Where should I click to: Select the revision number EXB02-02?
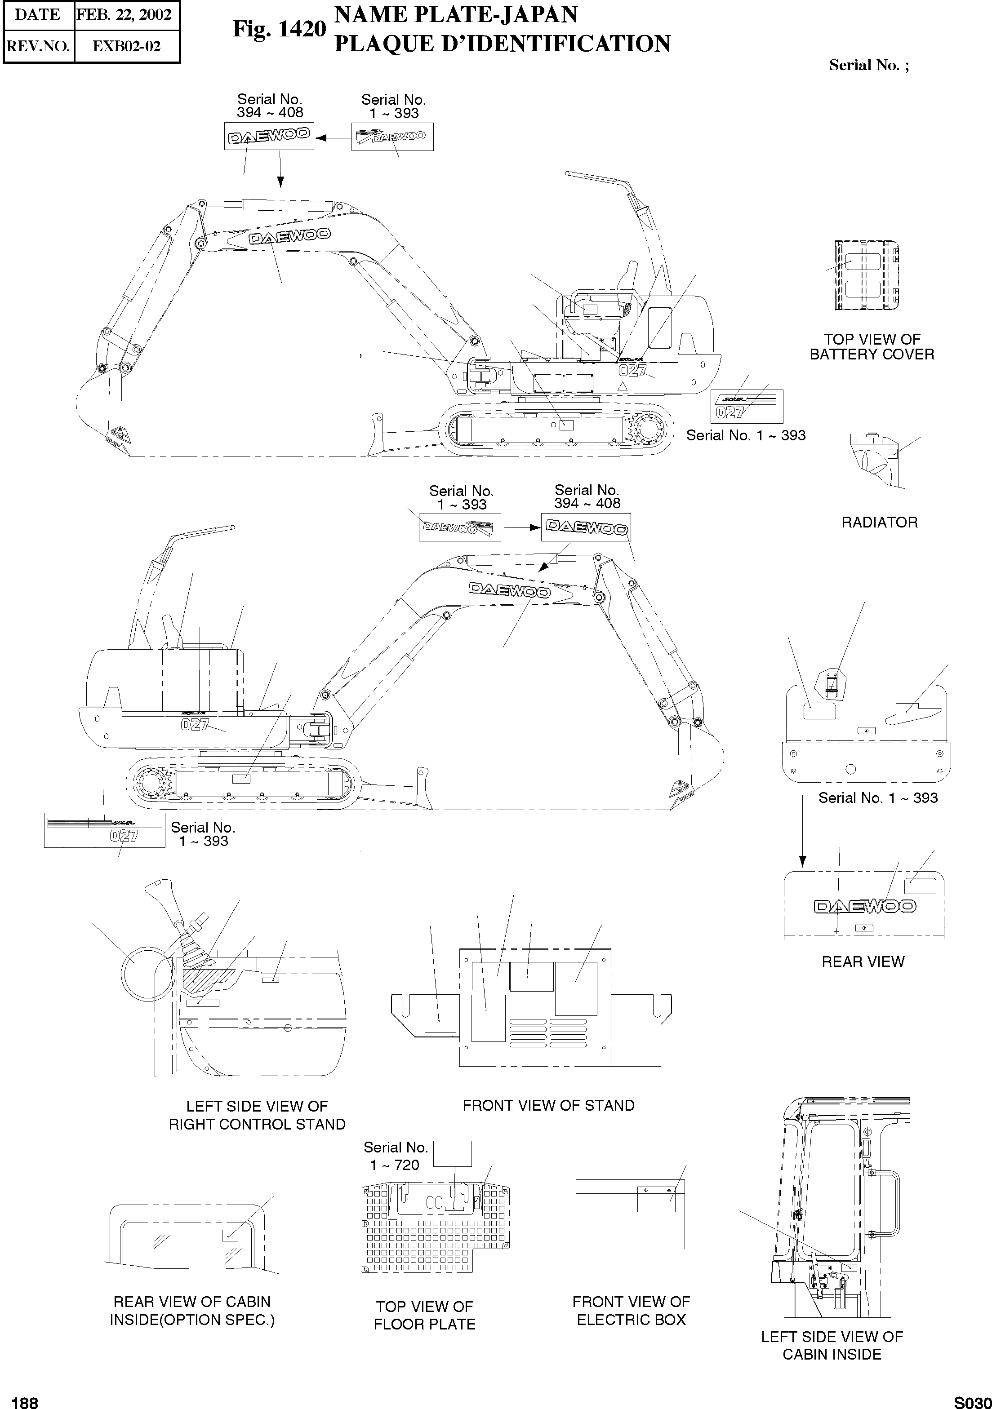tap(126, 47)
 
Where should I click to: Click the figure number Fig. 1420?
tap(279, 29)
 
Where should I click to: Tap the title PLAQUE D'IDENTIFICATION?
tap(502, 44)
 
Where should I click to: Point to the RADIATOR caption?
tap(879, 522)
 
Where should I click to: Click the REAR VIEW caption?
tap(863, 961)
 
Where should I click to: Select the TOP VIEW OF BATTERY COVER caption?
tap(872, 347)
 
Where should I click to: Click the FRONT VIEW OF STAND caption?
tap(548, 1105)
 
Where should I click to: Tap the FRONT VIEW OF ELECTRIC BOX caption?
tap(631, 1310)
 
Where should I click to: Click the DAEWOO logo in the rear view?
tap(864, 906)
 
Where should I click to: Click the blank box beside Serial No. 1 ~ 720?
tap(453, 1154)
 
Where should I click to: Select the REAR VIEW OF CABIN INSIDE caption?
tap(192, 1310)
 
